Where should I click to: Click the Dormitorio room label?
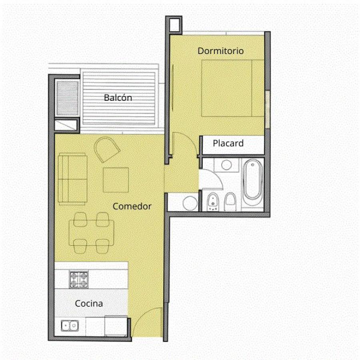tap(221, 51)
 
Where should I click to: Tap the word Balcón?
tap(118, 98)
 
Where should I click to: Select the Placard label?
tap(228, 143)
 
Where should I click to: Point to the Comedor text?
tap(132, 206)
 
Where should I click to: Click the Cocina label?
tap(89, 304)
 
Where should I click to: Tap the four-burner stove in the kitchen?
tap(79, 280)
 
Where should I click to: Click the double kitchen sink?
tap(70, 326)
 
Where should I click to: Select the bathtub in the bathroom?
tap(252, 182)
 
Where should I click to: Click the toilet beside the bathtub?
tap(230, 202)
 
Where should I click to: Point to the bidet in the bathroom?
tap(213, 202)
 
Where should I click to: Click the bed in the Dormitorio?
tap(233, 88)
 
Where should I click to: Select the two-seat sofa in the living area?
tap(72, 179)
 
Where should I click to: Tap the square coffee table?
tap(116, 180)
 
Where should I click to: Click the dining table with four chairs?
tap(91, 233)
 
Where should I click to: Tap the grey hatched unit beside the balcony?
tap(68, 98)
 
